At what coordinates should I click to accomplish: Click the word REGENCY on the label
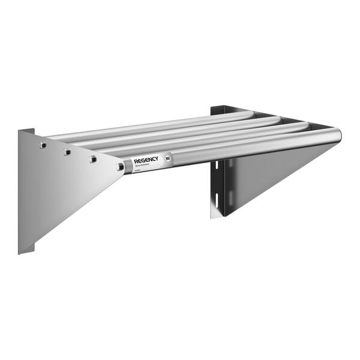[x=146, y=160]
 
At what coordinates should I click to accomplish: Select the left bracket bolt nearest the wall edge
[x=42, y=145]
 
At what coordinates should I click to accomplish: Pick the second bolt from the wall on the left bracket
[x=67, y=152]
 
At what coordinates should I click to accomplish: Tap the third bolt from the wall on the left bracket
[x=92, y=158]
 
